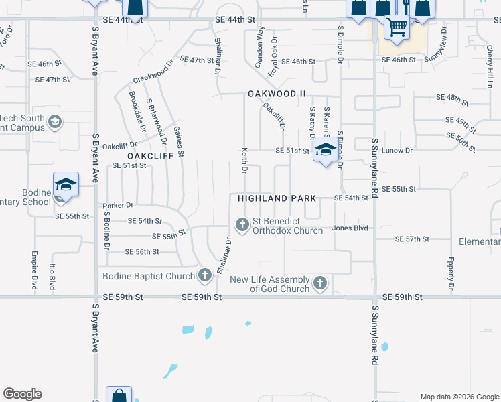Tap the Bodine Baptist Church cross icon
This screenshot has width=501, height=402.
pos(205,275)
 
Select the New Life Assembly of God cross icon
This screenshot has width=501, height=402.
pos(320,283)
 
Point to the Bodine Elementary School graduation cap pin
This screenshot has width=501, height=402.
pos(66,185)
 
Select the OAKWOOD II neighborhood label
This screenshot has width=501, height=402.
pos(277,94)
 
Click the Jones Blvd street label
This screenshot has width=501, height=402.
pos(351,228)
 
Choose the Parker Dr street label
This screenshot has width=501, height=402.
pos(118,205)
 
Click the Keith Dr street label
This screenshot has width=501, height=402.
pos(245,160)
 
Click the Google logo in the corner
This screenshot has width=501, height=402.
pos(22,394)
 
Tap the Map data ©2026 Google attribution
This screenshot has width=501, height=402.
pos(459,397)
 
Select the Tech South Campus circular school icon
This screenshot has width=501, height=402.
pos(55,122)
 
